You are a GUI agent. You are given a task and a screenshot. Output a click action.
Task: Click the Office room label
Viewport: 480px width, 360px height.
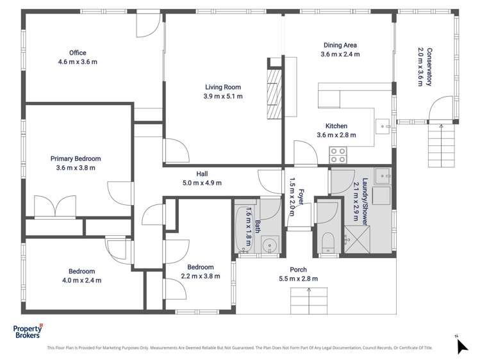(x=78, y=53)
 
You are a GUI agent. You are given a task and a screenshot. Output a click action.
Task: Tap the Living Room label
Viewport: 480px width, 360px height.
(x=223, y=87)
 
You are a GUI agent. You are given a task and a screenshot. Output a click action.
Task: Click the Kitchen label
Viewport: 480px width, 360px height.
(x=336, y=126)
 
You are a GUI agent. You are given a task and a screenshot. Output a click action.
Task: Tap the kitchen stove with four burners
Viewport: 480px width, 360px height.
(x=338, y=155)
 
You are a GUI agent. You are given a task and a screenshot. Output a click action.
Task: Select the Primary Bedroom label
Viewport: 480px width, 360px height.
(x=76, y=158)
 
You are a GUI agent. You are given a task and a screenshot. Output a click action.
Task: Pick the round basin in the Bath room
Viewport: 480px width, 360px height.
(x=270, y=245)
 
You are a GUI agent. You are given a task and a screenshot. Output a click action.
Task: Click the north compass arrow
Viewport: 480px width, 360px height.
(x=462, y=346)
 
